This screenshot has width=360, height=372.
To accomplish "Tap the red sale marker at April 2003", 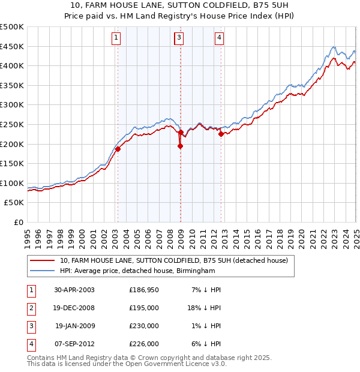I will click(x=118, y=149).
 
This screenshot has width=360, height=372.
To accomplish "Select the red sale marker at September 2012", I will click(x=221, y=134).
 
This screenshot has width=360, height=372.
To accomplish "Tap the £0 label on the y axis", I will click(x=18, y=222).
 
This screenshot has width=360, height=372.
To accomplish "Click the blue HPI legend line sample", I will click(x=42, y=271).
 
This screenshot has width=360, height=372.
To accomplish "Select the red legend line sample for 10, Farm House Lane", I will click(x=42, y=260).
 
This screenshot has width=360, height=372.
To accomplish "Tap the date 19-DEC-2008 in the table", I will click(x=74, y=307).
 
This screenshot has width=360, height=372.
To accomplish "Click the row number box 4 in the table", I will click(x=30, y=344).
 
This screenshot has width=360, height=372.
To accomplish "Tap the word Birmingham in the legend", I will click(x=194, y=271).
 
